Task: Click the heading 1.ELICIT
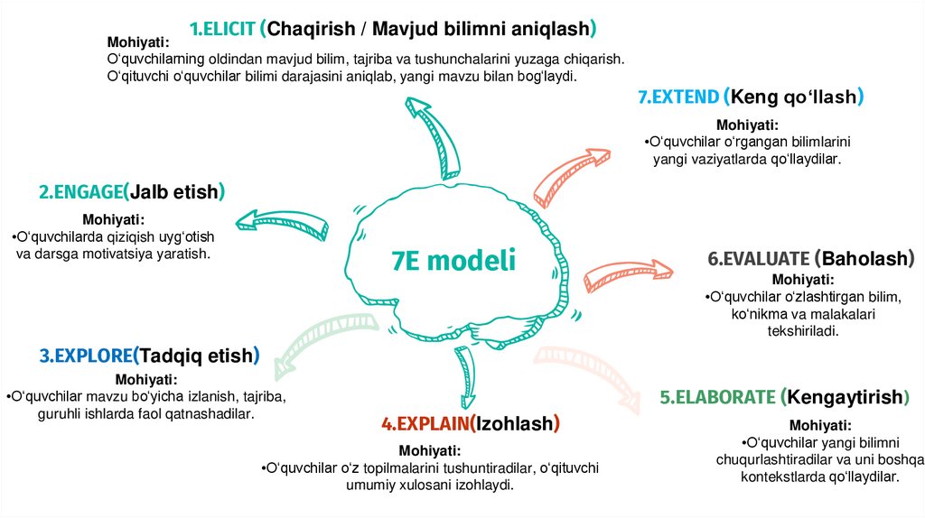(223, 28)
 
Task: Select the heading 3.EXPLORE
(86, 356)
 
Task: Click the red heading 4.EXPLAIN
(426, 423)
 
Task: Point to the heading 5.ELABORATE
(717, 397)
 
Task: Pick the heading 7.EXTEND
(678, 97)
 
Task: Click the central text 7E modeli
(453, 260)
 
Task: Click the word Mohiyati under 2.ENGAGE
(113, 219)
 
